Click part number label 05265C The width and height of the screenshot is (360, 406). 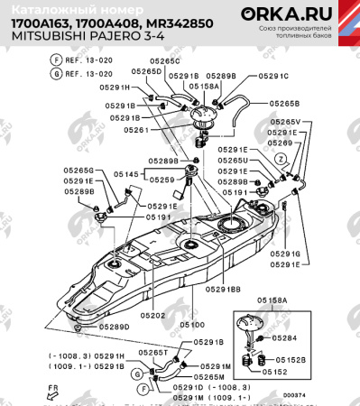(x=165, y=61)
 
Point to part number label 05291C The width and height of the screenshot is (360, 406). (x=272, y=77)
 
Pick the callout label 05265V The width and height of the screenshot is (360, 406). (x=285, y=122)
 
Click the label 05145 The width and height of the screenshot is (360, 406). (x=125, y=174)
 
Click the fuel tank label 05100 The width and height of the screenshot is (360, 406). (x=190, y=324)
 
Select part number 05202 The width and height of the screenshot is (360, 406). (x=152, y=315)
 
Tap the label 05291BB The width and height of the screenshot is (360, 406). (x=222, y=289)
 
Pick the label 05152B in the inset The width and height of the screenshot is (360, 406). (x=291, y=359)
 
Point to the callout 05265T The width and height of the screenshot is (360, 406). (x=153, y=353)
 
